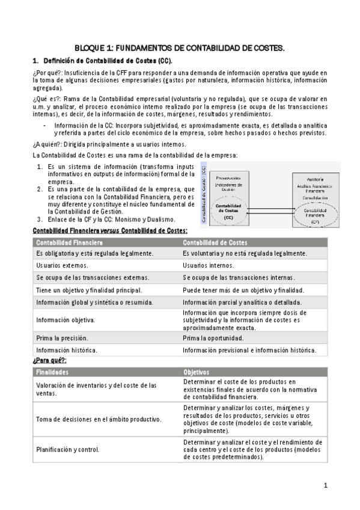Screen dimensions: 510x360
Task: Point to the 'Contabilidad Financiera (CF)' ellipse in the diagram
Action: [x=315, y=214]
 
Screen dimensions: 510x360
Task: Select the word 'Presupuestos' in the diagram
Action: [x=229, y=178]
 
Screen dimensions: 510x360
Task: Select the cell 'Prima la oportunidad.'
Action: [x=213, y=338]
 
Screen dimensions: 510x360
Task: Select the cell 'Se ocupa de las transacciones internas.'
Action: [x=239, y=278]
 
